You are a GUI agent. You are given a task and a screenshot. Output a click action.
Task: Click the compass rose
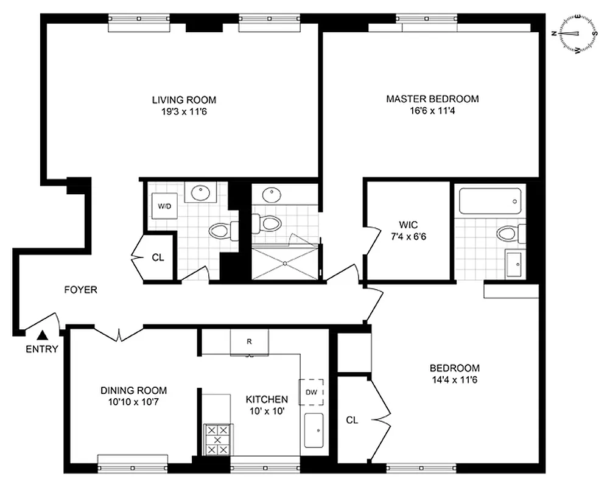(x=575, y=34)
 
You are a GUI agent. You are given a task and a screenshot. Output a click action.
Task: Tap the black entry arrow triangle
(x=43, y=334)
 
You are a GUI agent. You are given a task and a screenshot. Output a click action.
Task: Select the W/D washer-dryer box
(x=165, y=206)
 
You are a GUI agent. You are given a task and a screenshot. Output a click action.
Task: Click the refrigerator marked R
(x=249, y=342)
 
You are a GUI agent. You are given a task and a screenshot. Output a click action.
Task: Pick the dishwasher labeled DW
(x=311, y=392)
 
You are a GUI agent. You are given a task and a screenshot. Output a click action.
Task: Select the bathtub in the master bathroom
(x=490, y=201)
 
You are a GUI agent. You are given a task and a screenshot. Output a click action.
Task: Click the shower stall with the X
(x=285, y=263)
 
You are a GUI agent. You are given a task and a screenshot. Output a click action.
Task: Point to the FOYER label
(x=80, y=290)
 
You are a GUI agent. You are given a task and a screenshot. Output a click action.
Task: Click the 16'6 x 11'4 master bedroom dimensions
(x=432, y=111)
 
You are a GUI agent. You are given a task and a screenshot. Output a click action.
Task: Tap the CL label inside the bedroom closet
(x=352, y=419)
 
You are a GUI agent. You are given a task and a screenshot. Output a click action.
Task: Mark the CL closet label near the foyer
(x=158, y=258)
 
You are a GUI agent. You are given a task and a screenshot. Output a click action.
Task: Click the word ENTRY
(x=42, y=349)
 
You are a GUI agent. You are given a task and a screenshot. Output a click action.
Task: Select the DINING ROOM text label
(x=133, y=391)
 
